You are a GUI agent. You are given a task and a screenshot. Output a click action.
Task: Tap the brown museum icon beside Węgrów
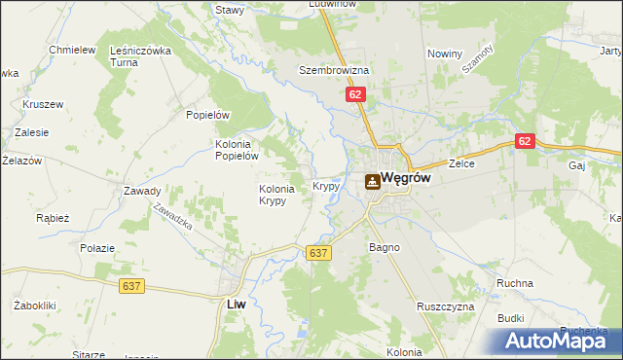tap(373, 181)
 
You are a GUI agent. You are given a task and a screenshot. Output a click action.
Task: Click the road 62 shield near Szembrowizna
tap(355, 94)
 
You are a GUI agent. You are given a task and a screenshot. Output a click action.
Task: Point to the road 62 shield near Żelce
tap(526, 141)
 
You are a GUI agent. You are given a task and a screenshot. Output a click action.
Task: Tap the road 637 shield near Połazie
tap(133, 286)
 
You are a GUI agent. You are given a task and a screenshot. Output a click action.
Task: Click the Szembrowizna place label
tap(334, 71)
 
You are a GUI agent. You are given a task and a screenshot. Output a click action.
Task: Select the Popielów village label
tap(207, 114)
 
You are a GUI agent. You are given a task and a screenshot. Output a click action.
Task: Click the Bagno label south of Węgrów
tap(385, 248)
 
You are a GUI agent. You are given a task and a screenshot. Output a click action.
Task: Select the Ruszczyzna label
tap(445, 306)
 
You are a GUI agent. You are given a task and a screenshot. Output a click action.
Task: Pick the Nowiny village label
tap(445, 54)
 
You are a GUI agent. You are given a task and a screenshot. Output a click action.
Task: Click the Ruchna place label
tap(514, 283)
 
